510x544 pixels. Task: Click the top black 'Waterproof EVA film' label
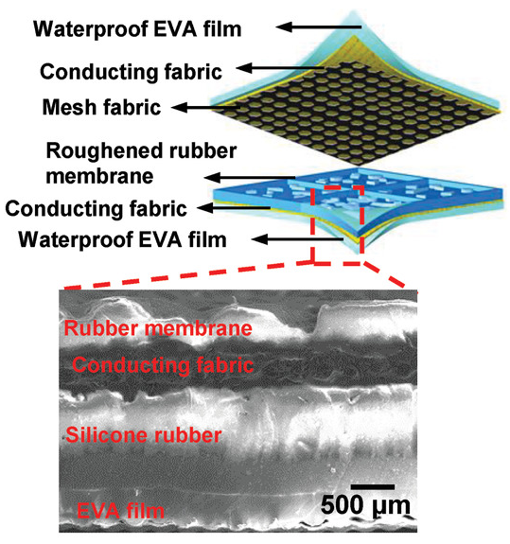pyautogui.click(x=137, y=29)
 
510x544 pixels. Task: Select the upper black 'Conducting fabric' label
pyautogui.click(x=131, y=72)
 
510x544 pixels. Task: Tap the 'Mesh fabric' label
pyautogui.click(x=101, y=107)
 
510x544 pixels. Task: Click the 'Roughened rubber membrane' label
pyautogui.click(x=141, y=164)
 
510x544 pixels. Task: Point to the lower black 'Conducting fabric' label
pyautogui.click(x=97, y=209)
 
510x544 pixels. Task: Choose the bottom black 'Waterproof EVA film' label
pyautogui.click(x=122, y=239)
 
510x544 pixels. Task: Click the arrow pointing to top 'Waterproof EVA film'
pyautogui.click(x=319, y=26)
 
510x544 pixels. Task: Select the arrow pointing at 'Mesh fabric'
pyautogui.click(x=206, y=108)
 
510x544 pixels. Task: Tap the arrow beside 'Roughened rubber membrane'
pyautogui.click(x=250, y=178)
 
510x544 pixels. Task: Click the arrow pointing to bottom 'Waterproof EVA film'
pyautogui.click(x=297, y=239)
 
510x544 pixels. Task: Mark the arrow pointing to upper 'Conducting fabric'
pyautogui.click(x=281, y=68)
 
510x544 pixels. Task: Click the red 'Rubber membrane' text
pyautogui.click(x=158, y=328)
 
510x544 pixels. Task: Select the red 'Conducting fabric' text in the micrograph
pyautogui.click(x=163, y=365)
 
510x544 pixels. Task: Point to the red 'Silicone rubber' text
pyautogui.click(x=144, y=434)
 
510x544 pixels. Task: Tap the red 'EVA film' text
pyautogui.click(x=120, y=510)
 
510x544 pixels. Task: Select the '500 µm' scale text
pyautogui.click(x=365, y=506)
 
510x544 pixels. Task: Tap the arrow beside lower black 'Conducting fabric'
pyautogui.click(x=234, y=208)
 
